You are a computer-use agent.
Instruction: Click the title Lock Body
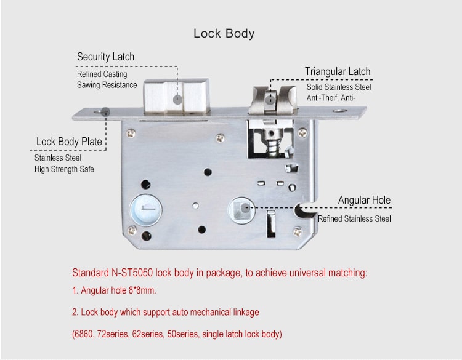(x=224, y=33)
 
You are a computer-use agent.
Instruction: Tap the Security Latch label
(x=105, y=57)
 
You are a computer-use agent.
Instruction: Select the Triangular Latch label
(x=338, y=71)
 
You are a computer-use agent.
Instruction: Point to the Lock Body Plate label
(x=69, y=142)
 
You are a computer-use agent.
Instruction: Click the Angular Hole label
(x=364, y=201)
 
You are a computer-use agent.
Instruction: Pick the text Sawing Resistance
(x=107, y=85)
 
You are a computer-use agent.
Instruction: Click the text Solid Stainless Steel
(x=339, y=87)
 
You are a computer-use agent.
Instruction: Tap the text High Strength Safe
(x=64, y=169)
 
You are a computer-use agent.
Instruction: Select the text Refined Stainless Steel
(x=354, y=218)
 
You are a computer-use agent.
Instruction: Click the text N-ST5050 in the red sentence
(x=135, y=273)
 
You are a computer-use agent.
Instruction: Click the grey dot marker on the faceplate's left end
(x=105, y=111)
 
